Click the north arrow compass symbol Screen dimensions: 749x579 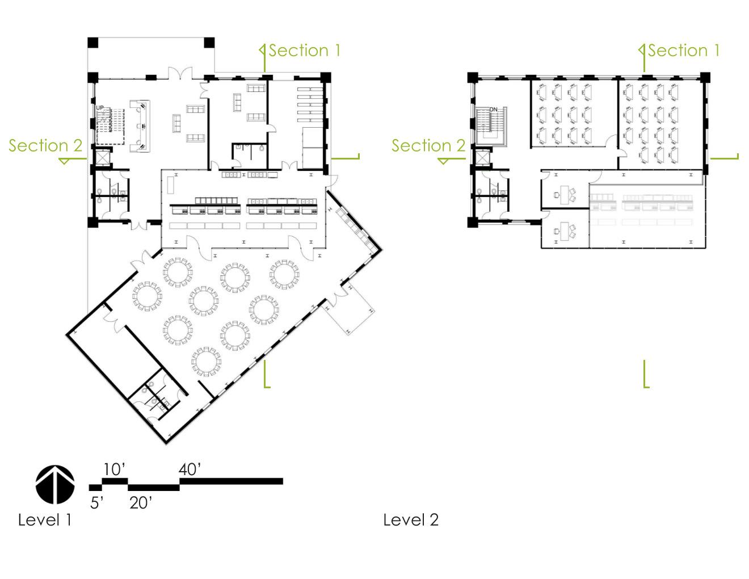point(55,484)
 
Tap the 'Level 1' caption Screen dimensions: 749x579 point(45,520)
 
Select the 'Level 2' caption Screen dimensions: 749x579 point(411,520)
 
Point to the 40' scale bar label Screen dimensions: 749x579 point(190,469)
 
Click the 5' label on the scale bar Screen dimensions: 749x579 point(97,503)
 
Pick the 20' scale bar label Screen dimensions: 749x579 point(141,503)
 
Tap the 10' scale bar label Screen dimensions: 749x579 point(115,469)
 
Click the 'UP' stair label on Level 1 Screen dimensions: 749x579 point(100,108)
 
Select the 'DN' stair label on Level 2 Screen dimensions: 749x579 point(494,110)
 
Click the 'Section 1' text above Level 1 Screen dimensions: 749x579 point(304,51)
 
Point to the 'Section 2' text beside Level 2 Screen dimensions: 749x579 point(428,145)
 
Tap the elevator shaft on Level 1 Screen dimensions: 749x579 point(103,158)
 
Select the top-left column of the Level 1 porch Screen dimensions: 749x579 point(92,43)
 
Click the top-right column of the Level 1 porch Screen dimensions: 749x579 point(209,43)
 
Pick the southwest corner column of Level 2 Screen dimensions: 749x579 point(473,222)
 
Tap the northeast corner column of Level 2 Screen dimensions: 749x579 point(705,77)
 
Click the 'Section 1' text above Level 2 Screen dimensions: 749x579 point(684,51)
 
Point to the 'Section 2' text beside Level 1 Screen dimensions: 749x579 point(45,145)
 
